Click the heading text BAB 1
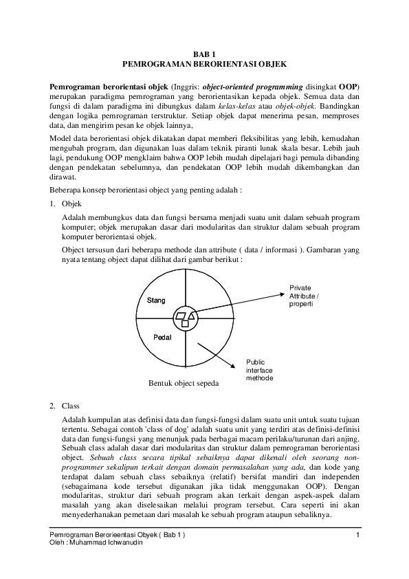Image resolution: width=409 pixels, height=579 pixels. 203,53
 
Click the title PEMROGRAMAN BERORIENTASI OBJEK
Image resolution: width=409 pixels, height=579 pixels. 203,63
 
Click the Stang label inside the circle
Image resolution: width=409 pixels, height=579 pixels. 157,301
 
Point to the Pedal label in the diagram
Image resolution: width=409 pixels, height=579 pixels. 162,338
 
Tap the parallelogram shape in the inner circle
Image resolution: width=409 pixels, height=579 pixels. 181,316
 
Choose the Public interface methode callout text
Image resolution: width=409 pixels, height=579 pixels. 260,370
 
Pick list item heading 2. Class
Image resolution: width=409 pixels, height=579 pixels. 65,406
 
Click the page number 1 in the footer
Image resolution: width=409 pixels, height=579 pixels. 358,534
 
